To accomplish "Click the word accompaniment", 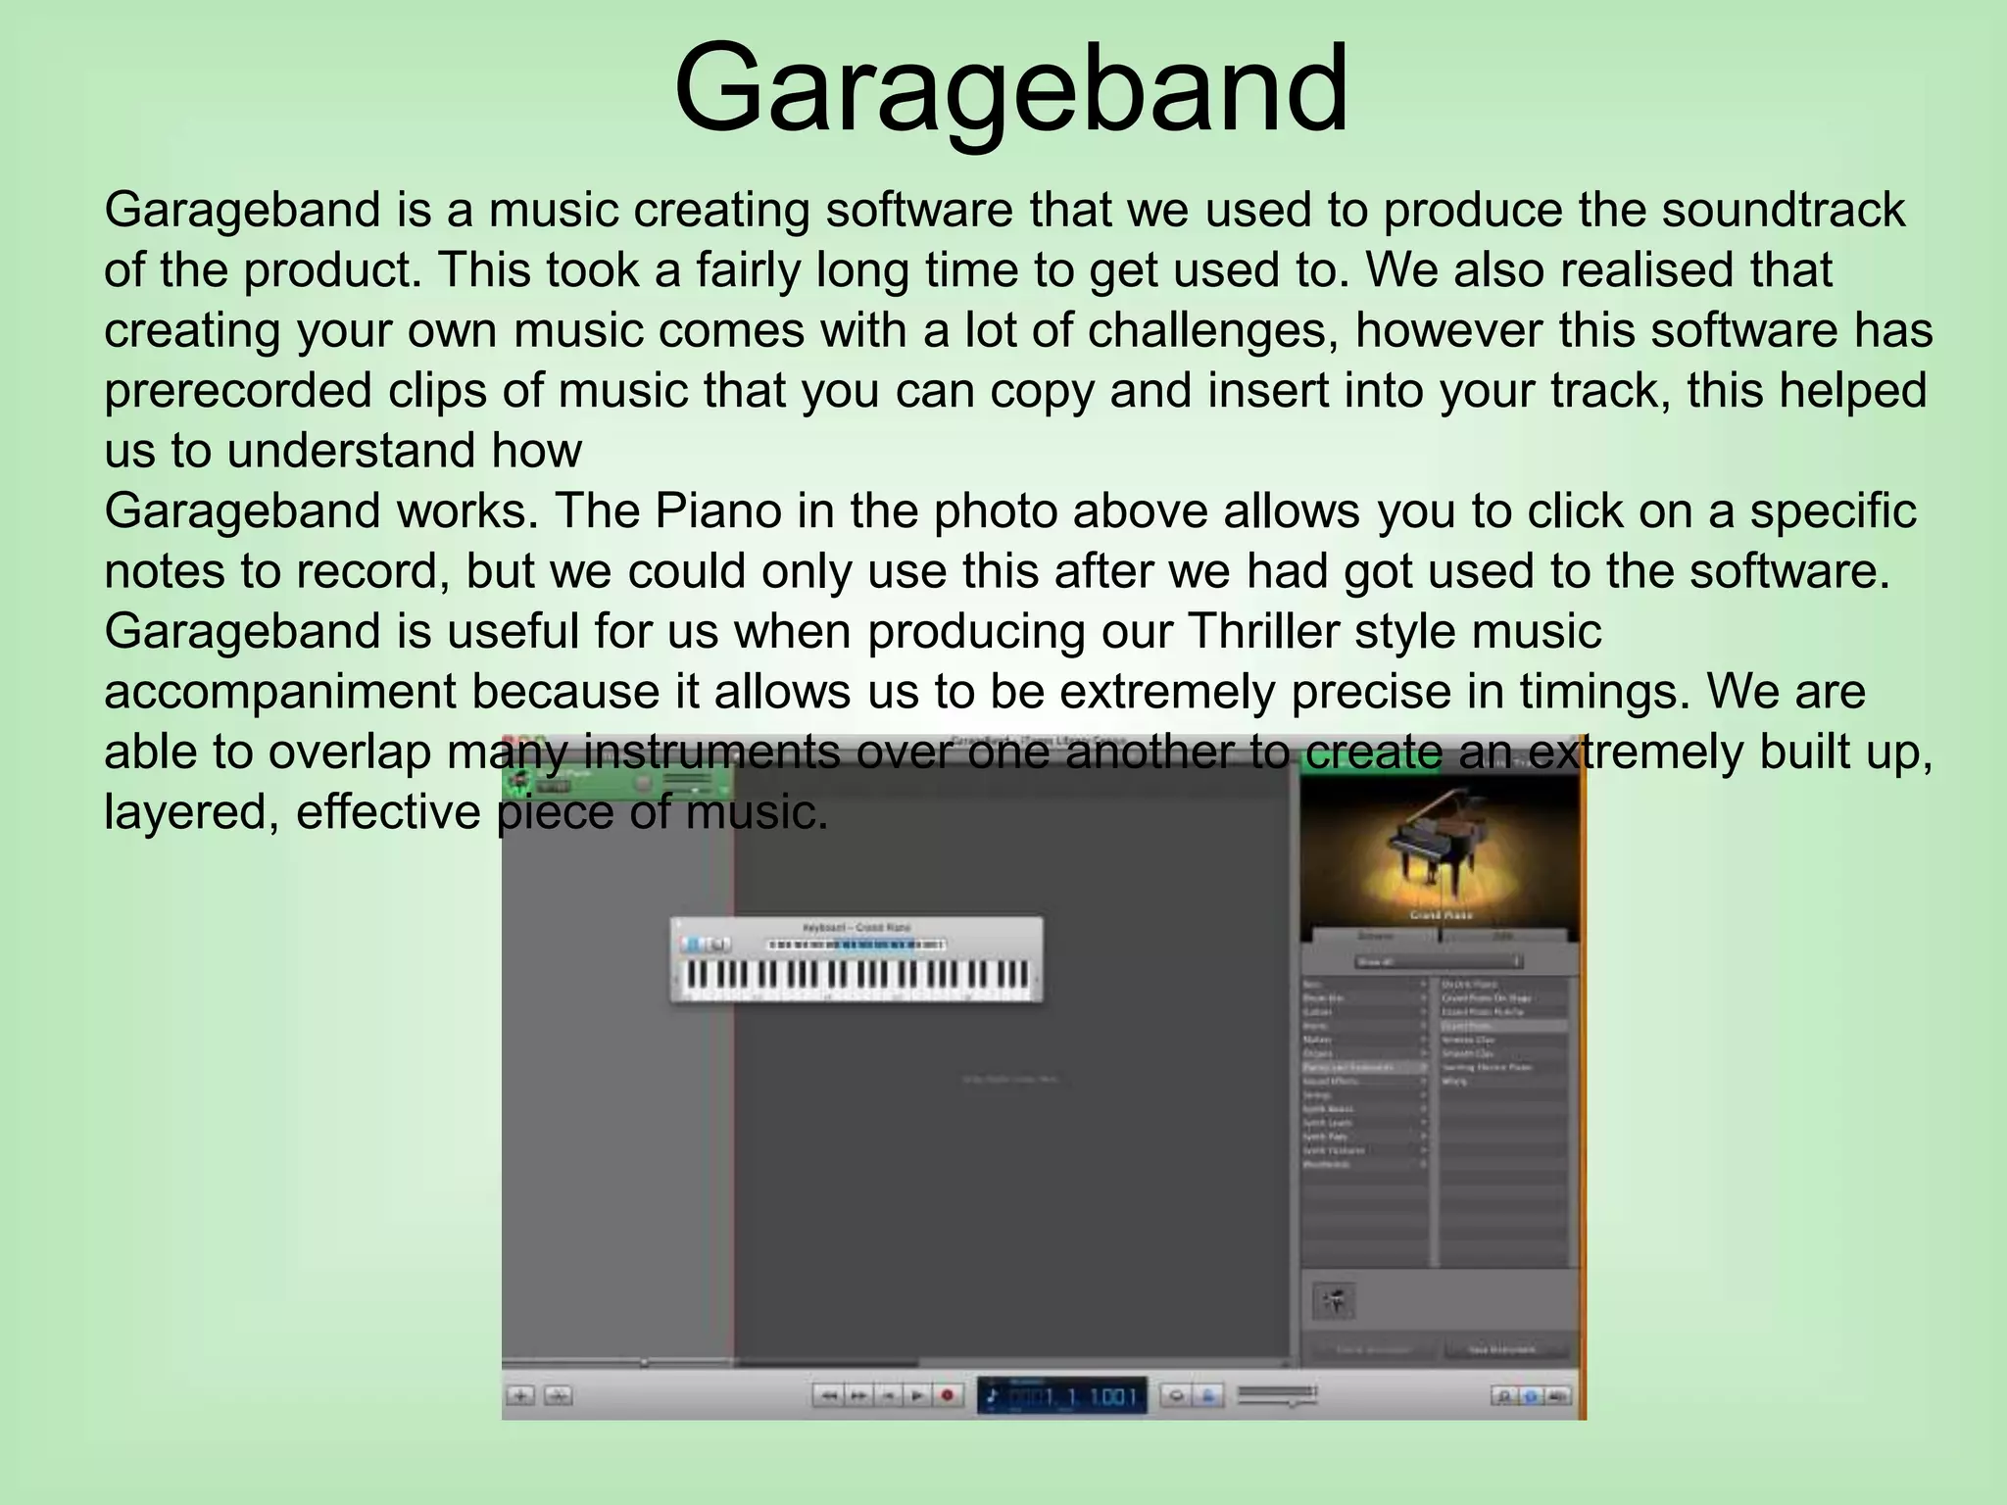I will click(x=279, y=692).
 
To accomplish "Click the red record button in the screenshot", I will click(x=947, y=1395).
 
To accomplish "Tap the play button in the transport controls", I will click(x=917, y=1395).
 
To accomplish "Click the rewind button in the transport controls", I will click(x=829, y=1395).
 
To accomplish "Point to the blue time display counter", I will click(x=1061, y=1395).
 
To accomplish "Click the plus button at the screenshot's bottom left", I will click(x=521, y=1395).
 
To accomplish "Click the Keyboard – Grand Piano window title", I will click(x=857, y=927).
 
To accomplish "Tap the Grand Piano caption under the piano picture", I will click(x=1440, y=915).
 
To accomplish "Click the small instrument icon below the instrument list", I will click(x=1334, y=1301).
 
